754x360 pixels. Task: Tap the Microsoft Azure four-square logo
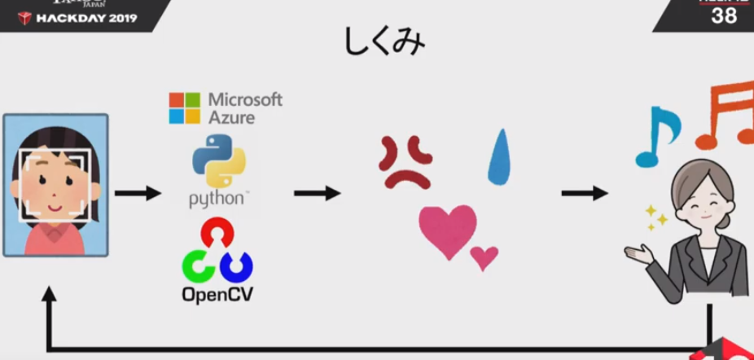pyautogui.click(x=184, y=108)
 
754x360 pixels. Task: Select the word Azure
pyautogui.click(x=231, y=117)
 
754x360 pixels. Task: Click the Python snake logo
pyautogui.click(x=218, y=162)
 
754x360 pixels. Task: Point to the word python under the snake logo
pyautogui.click(x=217, y=199)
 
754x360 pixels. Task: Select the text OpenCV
pyautogui.click(x=217, y=293)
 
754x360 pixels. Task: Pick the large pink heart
pyautogui.click(x=447, y=230)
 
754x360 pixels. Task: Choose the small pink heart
pyautogui.click(x=484, y=257)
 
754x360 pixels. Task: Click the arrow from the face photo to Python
pyautogui.click(x=138, y=193)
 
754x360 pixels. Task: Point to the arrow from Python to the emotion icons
pyautogui.click(x=317, y=193)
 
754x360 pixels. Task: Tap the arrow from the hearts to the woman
pyautogui.click(x=584, y=193)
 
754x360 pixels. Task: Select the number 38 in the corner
pyautogui.click(x=724, y=15)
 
